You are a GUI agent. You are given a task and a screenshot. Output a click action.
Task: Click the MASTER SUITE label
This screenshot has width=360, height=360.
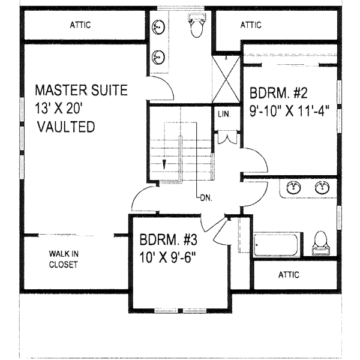pos(81,90)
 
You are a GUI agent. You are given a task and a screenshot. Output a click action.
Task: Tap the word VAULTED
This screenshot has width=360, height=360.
pos(66,127)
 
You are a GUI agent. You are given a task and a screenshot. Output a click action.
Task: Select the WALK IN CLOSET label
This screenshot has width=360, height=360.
pos(64,259)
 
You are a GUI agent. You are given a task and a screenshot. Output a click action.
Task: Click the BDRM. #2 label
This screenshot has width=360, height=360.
pos(278,93)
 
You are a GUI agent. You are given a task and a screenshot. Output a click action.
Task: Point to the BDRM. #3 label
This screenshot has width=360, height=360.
pos(168,239)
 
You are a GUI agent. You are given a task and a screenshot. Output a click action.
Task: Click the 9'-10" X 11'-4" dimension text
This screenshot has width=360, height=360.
pos(290,111)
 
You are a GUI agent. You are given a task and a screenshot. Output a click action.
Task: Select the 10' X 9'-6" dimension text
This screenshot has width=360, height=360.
pos(167,257)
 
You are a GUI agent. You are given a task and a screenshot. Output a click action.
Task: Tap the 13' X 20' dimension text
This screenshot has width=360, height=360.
pos(59,108)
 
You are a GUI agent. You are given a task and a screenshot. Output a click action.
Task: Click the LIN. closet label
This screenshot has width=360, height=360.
pos(224,114)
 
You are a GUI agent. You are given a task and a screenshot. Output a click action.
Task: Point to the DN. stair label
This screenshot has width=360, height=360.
pos(206,198)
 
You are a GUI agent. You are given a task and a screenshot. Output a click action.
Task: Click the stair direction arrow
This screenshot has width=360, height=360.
pos(164,164)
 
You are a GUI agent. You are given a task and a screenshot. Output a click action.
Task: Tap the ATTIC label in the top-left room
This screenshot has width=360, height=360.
pos(80,25)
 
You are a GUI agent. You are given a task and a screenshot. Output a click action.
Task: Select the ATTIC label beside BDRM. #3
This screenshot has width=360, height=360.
pos(289,275)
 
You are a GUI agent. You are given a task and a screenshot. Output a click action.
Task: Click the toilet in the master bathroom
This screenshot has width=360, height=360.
pos(197,25)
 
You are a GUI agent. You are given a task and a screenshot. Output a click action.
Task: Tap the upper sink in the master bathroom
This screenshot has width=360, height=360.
pos(158,28)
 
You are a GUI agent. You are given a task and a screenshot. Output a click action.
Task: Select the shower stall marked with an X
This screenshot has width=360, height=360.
pos(226,79)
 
